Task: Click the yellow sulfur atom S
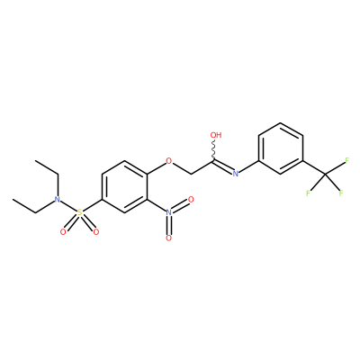(79, 212)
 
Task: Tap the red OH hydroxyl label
(216, 135)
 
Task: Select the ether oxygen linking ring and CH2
(169, 161)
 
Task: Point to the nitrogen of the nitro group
(169, 212)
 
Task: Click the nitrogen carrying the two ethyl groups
(57, 200)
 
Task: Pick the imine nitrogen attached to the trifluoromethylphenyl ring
(236, 174)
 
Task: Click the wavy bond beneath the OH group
(213, 150)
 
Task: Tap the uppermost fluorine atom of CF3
(347, 160)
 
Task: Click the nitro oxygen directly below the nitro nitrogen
(169, 238)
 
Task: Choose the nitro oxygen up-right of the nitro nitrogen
(191, 200)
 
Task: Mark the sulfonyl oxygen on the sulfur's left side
(63, 231)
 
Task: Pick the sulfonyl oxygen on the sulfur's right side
(96, 231)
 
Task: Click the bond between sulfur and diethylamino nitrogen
(68, 206)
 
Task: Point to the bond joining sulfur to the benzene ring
(93, 206)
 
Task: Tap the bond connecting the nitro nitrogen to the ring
(157, 206)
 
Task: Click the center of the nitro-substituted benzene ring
(124, 186)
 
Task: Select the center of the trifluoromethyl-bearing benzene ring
(281, 148)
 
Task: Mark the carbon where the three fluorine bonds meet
(325, 174)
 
